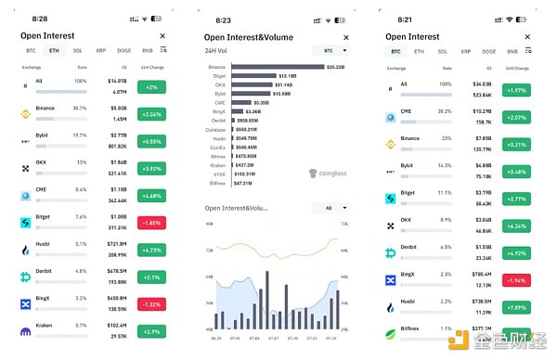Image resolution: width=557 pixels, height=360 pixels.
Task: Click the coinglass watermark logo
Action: pos(327,173)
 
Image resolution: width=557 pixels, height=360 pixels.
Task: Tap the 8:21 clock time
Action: pos(397,18)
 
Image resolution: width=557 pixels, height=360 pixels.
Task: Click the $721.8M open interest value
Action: pos(116,245)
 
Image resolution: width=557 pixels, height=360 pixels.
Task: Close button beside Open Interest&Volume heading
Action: pos(345,37)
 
